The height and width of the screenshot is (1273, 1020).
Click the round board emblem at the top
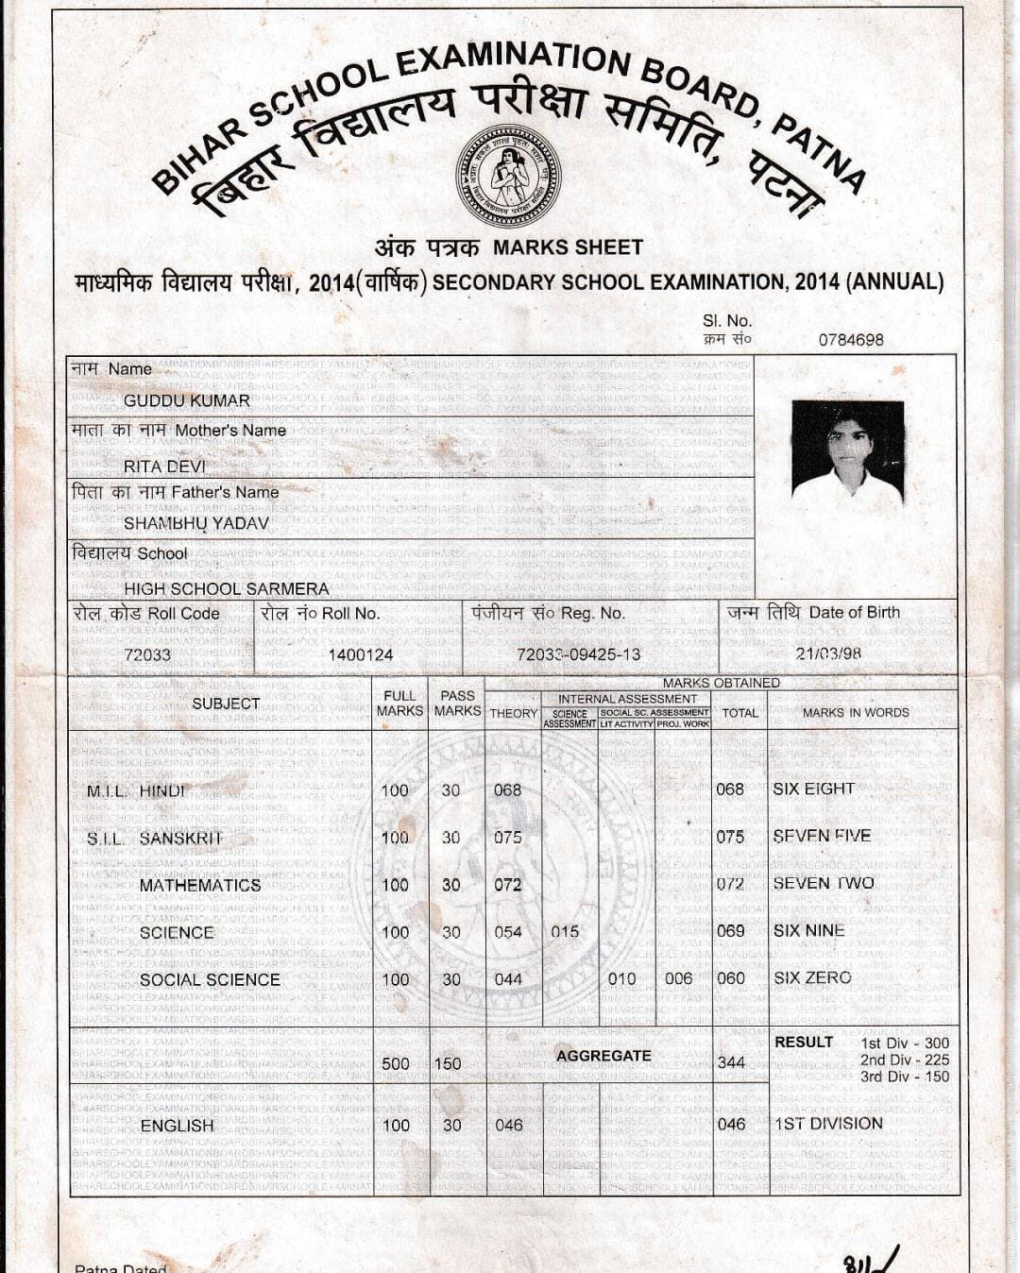tap(508, 176)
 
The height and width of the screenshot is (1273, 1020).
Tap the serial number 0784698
tap(851, 340)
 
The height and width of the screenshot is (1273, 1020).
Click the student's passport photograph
tap(847, 451)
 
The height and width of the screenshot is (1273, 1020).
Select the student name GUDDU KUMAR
tap(187, 400)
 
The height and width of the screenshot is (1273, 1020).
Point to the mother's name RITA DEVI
tap(164, 467)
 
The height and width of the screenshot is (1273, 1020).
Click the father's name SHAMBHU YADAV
tap(196, 523)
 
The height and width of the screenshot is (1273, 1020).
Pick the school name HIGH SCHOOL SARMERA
tap(227, 588)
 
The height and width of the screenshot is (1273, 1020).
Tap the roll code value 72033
tap(147, 654)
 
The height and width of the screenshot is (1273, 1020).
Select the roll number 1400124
tap(361, 654)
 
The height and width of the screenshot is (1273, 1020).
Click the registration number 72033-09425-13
tap(578, 654)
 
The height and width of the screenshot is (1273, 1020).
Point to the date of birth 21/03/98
tap(828, 653)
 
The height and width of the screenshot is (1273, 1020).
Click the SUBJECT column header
tap(226, 704)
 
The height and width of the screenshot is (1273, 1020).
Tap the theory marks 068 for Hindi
tap(508, 790)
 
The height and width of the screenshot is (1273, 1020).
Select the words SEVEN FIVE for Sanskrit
tap(822, 836)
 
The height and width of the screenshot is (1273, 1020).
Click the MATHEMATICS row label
tap(200, 885)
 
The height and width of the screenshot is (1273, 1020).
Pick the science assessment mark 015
tap(565, 932)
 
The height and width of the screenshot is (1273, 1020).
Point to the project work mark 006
tap(678, 979)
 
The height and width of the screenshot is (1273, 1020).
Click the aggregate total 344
tap(731, 1062)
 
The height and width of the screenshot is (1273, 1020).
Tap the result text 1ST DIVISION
tap(828, 1124)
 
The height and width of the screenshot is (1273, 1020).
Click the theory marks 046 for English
tap(509, 1126)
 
